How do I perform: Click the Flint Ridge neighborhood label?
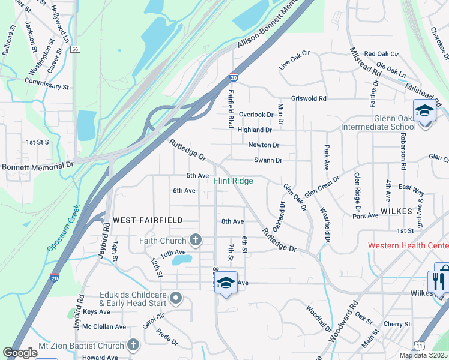(x=234, y=181)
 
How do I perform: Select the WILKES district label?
(x=396, y=212)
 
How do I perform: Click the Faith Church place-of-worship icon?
(x=195, y=241)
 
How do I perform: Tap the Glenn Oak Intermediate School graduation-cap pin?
(x=424, y=111)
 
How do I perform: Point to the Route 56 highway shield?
(x=74, y=49)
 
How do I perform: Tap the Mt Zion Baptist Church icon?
(x=133, y=345)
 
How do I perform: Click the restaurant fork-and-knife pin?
(x=438, y=281)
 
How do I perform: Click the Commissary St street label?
(x=47, y=83)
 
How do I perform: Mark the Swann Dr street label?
(x=268, y=160)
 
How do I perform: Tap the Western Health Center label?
(x=408, y=245)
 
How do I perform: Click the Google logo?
(x=20, y=353)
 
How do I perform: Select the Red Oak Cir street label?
(x=381, y=54)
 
